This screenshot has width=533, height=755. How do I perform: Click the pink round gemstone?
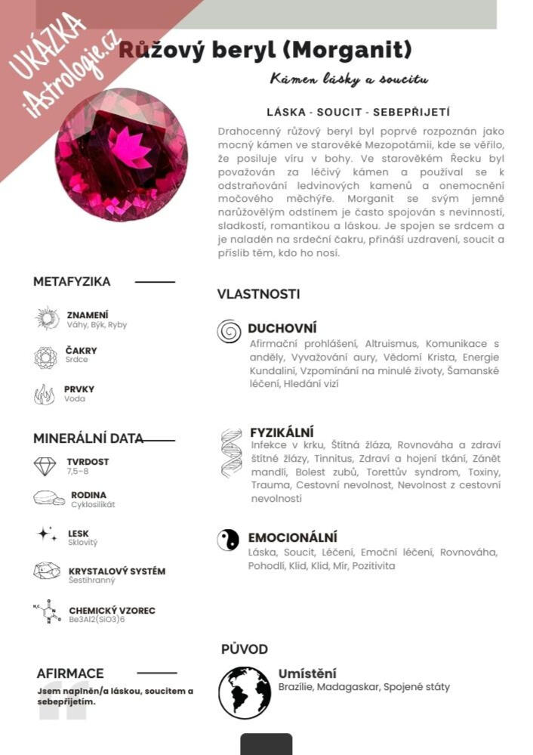pos(122,155)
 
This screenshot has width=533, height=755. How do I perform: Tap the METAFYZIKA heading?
pos(72,282)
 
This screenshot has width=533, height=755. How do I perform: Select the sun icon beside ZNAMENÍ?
pos(47,318)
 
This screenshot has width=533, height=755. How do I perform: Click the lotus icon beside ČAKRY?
pos(45,357)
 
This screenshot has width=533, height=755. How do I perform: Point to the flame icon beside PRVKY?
pos(45,395)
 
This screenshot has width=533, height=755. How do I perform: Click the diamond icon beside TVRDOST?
pos(45,466)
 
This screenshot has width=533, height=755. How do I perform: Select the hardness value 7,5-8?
pos(78,472)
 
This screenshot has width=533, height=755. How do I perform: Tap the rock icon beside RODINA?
pos(48,499)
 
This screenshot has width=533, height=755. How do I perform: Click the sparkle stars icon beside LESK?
pos(47,534)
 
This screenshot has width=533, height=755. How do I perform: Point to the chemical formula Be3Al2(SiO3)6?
pos(97,620)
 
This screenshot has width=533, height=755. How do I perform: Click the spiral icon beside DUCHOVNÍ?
pos(229,331)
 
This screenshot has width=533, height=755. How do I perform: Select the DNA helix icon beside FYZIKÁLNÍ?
pos(231,453)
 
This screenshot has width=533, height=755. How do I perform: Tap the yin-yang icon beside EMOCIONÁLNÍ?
pos(228,540)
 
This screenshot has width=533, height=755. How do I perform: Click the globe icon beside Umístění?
pos(245,692)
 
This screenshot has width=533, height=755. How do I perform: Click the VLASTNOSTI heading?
pos(258,294)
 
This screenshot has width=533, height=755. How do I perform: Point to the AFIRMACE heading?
pos(70,673)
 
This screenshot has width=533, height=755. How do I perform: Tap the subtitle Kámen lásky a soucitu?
pos(349,79)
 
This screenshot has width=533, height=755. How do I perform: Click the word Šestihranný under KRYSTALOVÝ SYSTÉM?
pos(92,580)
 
